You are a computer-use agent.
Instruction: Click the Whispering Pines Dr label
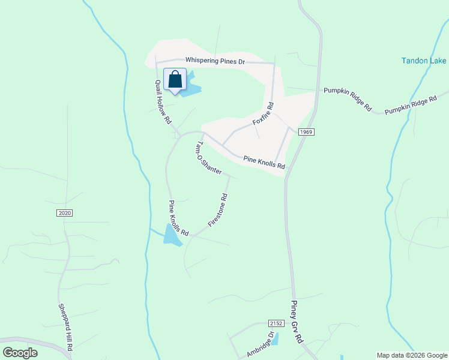(215, 61)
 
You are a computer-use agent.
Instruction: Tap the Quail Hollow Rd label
(162, 102)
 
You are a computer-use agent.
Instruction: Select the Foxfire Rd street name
(263, 113)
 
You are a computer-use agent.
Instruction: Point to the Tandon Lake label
(424, 61)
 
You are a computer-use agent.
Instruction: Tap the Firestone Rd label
(218, 210)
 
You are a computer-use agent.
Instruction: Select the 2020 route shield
(65, 213)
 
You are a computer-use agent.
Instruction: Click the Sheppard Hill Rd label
(65, 327)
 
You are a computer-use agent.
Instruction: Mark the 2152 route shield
(276, 323)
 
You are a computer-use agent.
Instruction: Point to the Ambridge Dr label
(260, 345)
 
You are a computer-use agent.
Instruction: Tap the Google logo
(20, 353)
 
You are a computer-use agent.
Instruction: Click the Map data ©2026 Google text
(412, 355)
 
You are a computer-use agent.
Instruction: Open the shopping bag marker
(175, 80)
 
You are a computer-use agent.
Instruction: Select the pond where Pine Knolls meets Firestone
(171, 236)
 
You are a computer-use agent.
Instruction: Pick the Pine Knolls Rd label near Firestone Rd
(179, 217)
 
